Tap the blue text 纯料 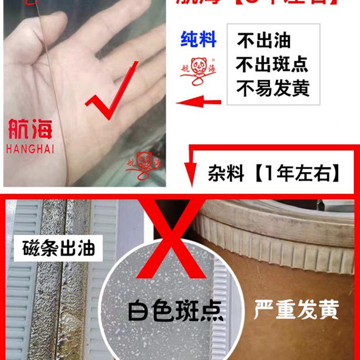click(x=198, y=40)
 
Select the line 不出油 click(x=264, y=41)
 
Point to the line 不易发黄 click(x=273, y=88)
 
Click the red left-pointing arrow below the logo click(x=198, y=103)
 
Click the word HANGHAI click(x=30, y=149)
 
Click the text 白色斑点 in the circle click(x=175, y=310)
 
